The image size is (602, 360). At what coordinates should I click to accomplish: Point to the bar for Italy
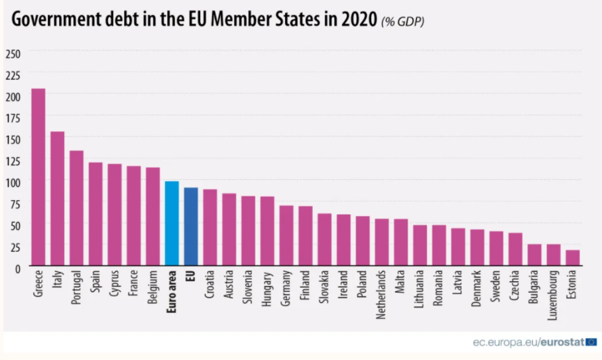tap(58, 199)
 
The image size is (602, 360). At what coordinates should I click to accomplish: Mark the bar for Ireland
tap(343, 239)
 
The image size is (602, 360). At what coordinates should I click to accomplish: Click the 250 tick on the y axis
tap(13, 53)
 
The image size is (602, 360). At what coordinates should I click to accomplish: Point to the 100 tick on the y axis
tap(13, 182)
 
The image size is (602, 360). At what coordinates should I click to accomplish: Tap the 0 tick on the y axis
tap(17, 268)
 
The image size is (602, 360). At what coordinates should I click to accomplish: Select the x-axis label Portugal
tap(77, 288)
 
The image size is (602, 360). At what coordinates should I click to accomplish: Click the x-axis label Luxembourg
tap(554, 296)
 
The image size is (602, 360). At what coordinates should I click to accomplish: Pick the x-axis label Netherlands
tap(382, 296)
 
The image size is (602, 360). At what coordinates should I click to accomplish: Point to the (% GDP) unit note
tap(402, 21)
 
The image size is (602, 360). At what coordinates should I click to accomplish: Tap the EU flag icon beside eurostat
tap(591, 341)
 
